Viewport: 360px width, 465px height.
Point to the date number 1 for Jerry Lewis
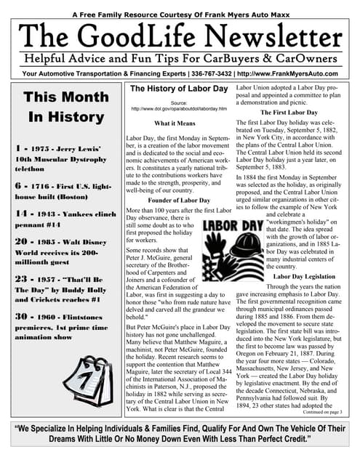click(16, 149)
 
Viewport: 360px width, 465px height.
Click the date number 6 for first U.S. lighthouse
click(17, 186)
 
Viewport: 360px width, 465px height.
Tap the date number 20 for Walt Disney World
click(20, 241)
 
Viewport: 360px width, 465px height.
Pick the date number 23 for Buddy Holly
click(20, 278)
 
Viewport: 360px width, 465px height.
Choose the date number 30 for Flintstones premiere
click(20, 316)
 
